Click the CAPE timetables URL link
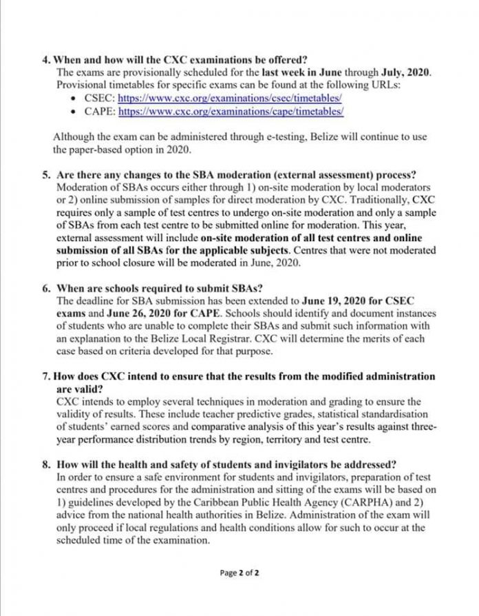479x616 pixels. (x=231, y=110)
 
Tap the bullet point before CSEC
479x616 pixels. (x=75, y=99)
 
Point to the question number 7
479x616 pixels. (x=45, y=376)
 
